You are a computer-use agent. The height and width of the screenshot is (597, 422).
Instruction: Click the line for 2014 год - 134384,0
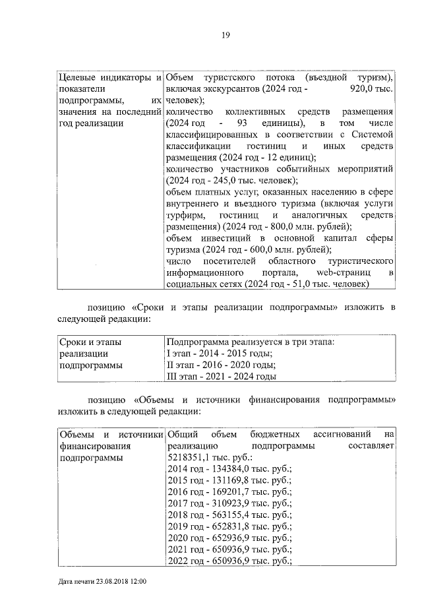click(x=229, y=469)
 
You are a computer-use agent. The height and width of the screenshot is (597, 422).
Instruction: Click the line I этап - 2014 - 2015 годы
click(x=219, y=354)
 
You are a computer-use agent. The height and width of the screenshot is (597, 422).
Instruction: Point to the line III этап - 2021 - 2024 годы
click(x=221, y=377)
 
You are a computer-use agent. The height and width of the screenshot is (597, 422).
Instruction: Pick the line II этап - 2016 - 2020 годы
click(x=220, y=365)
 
